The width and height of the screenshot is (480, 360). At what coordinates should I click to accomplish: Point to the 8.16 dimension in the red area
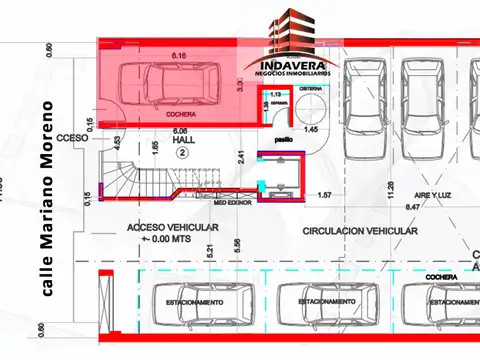pos(180,55)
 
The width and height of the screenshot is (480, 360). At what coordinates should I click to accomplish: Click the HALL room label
pos(182,140)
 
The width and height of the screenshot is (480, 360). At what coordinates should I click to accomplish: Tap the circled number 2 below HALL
pos(182,153)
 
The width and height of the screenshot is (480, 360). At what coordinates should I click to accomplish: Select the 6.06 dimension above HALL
pos(180,131)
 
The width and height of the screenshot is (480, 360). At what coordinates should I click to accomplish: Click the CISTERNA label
pos(310,89)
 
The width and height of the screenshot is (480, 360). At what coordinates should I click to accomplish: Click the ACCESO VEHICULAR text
pos(172,228)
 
